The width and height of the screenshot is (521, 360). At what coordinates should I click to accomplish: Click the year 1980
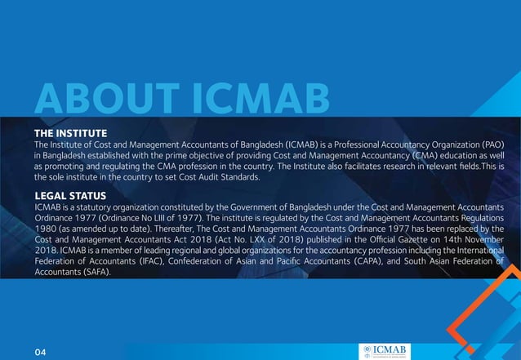[47, 229]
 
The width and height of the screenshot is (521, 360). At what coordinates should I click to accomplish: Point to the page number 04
[42, 351]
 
